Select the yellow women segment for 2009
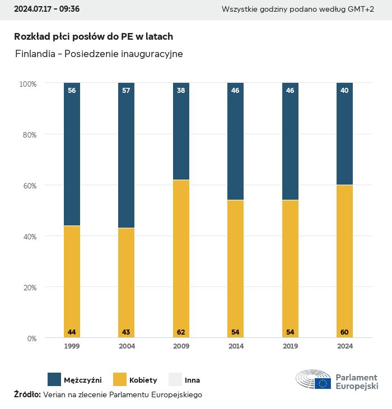click(181, 257)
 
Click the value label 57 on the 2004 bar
click(126, 90)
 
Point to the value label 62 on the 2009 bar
click(181, 332)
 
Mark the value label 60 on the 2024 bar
click(344, 332)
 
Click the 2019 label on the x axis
click(290, 346)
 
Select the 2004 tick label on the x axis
click(127, 346)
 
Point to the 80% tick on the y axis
click(28, 134)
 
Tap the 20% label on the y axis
click(28, 288)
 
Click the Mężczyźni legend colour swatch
click(54, 380)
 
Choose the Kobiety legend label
click(143, 380)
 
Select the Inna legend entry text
click(192, 380)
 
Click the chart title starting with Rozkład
click(94, 36)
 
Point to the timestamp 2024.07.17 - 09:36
click(46, 9)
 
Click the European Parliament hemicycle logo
click(313, 380)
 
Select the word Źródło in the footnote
click(27, 394)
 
